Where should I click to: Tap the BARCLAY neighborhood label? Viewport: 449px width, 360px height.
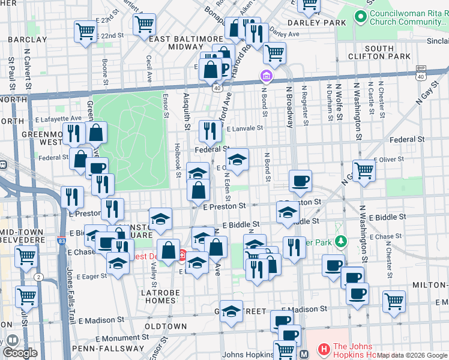(27, 39)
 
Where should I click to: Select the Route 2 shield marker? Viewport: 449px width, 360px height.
(39, 277)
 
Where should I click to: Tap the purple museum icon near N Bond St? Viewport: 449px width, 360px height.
(265, 77)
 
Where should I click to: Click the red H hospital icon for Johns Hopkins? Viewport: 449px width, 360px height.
(324, 348)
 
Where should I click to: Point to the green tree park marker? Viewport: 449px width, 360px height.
(341, 241)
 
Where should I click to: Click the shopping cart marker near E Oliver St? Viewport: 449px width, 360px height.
(364, 170)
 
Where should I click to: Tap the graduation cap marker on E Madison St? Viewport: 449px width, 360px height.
(231, 311)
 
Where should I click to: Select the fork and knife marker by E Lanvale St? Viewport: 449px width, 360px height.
(209, 129)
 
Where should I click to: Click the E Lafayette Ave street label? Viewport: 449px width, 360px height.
(61, 119)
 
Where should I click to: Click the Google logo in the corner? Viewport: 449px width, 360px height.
(20, 353)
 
